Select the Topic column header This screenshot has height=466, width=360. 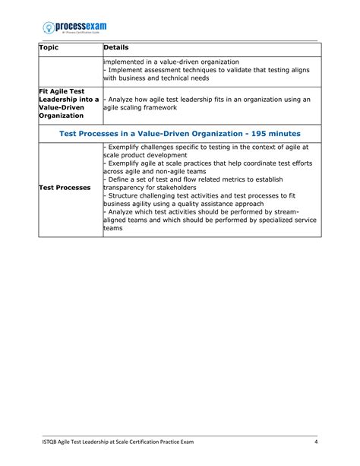[49, 48]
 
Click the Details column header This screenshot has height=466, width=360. [117, 48]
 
